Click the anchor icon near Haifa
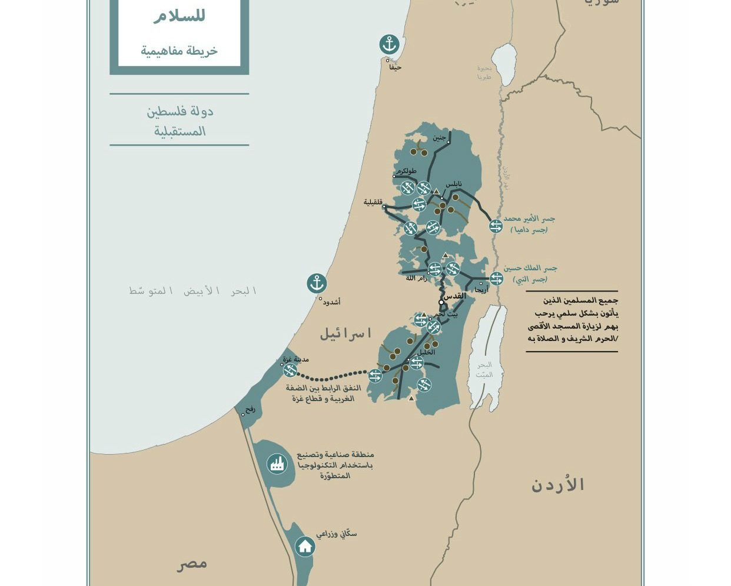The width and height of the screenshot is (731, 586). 388,44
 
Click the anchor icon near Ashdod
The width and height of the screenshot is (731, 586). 317,283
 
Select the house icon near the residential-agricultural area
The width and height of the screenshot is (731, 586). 305,547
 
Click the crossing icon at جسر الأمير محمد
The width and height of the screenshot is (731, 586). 496,226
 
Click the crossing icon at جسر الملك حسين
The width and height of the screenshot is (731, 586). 496,278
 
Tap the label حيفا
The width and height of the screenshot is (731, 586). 396,67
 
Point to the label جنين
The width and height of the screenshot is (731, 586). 439,137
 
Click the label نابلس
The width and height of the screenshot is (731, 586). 454,184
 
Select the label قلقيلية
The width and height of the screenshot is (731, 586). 373,202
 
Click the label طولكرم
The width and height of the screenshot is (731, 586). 406,171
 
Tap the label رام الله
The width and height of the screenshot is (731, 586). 416,278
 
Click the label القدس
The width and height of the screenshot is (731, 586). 454,296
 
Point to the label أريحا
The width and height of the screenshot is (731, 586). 481,290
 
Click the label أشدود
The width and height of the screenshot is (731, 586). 331,302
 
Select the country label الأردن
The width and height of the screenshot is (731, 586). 557,485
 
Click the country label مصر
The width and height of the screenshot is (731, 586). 192,564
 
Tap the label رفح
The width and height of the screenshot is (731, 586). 251,408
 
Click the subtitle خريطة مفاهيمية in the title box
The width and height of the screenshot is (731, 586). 179,51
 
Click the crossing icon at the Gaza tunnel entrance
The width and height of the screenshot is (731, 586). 290,370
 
